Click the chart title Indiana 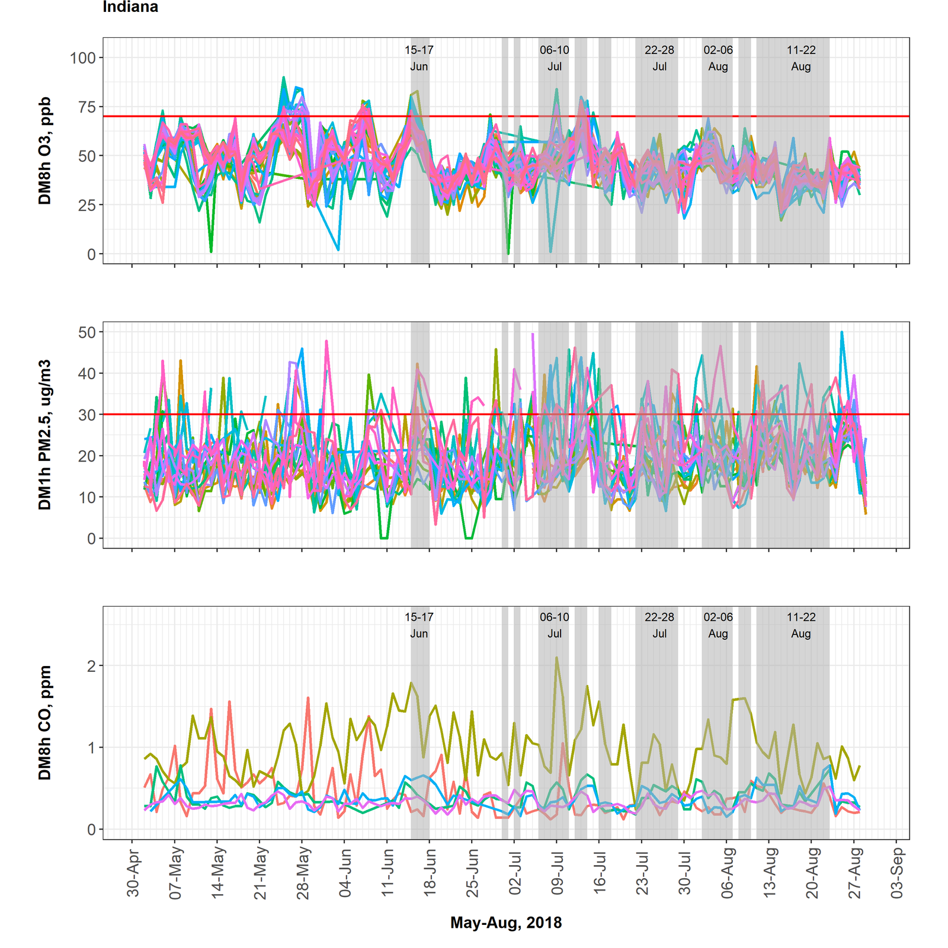[x=130, y=7]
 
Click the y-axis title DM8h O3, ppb [x=45, y=151]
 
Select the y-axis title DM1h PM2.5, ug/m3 [x=45, y=435]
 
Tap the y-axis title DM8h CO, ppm [x=45, y=722]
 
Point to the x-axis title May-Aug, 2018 [x=506, y=923]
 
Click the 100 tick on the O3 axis [x=82, y=58]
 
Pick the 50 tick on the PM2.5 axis [x=87, y=332]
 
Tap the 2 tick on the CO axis [x=91, y=666]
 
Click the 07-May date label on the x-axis [x=176, y=873]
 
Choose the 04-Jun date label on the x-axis [x=345, y=873]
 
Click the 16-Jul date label [x=600, y=873]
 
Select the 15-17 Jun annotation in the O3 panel [x=419, y=58]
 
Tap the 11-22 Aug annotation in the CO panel [x=801, y=625]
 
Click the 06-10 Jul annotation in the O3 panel [x=555, y=58]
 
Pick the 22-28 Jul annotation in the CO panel [x=659, y=625]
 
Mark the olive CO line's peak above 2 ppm [x=556, y=657]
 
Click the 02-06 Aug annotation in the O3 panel [x=718, y=58]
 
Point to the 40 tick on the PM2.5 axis [x=87, y=374]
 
